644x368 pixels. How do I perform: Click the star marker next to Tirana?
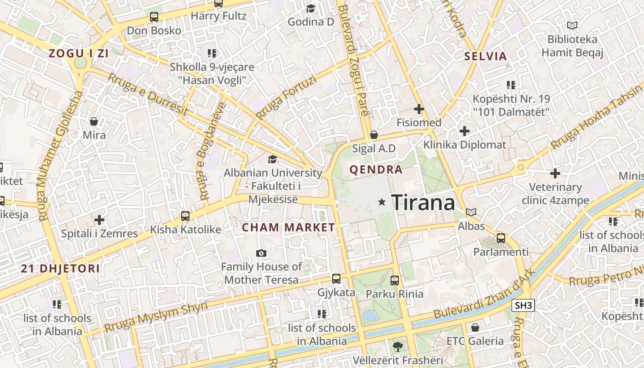(381, 202)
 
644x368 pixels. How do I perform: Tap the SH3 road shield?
(523, 305)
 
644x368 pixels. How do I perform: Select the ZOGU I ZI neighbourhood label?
(79, 53)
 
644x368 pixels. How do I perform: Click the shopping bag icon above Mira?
(94, 121)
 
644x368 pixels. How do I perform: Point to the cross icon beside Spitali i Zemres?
(99, 220)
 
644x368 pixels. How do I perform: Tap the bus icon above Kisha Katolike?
(185, 216)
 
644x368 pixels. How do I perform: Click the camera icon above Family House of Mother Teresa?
(261, 253)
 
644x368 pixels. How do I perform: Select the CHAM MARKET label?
(288, 227)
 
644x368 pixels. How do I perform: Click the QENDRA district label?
(376, 169)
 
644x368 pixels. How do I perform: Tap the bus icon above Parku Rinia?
(394, 280)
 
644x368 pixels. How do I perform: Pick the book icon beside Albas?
(471, 212)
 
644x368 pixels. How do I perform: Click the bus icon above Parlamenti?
(501, 238)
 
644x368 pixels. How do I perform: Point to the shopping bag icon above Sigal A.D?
(374, 135)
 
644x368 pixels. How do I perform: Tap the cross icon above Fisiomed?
(419, 109)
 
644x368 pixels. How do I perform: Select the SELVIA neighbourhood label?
(485, 57)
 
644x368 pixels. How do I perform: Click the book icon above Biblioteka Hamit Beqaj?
(572, 26)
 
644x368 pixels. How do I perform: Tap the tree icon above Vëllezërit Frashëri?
(397, 346)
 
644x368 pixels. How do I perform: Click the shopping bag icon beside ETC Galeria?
(475, 328)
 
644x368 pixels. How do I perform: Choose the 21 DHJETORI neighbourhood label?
(60, 269)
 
